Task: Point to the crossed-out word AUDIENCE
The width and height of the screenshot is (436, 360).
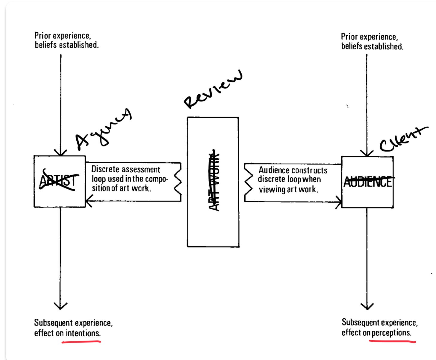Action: [368, 182]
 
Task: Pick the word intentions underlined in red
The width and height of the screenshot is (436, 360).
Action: [83, 333]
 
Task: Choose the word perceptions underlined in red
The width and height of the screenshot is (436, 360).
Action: [391, 333]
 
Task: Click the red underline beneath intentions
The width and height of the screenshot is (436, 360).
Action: [81, 341]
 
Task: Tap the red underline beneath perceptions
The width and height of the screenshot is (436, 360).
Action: [392, 341]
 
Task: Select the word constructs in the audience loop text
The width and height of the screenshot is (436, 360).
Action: [310, 170]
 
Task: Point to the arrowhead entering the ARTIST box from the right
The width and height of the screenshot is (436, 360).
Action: [88, 201]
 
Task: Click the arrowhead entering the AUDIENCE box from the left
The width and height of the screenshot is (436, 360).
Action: [339, 202]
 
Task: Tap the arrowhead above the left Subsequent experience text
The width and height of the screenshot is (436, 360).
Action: [60, 306]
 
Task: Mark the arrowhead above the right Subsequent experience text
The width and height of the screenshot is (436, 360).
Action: [367, 306]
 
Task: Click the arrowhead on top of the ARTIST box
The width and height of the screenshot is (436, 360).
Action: [60, 152]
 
